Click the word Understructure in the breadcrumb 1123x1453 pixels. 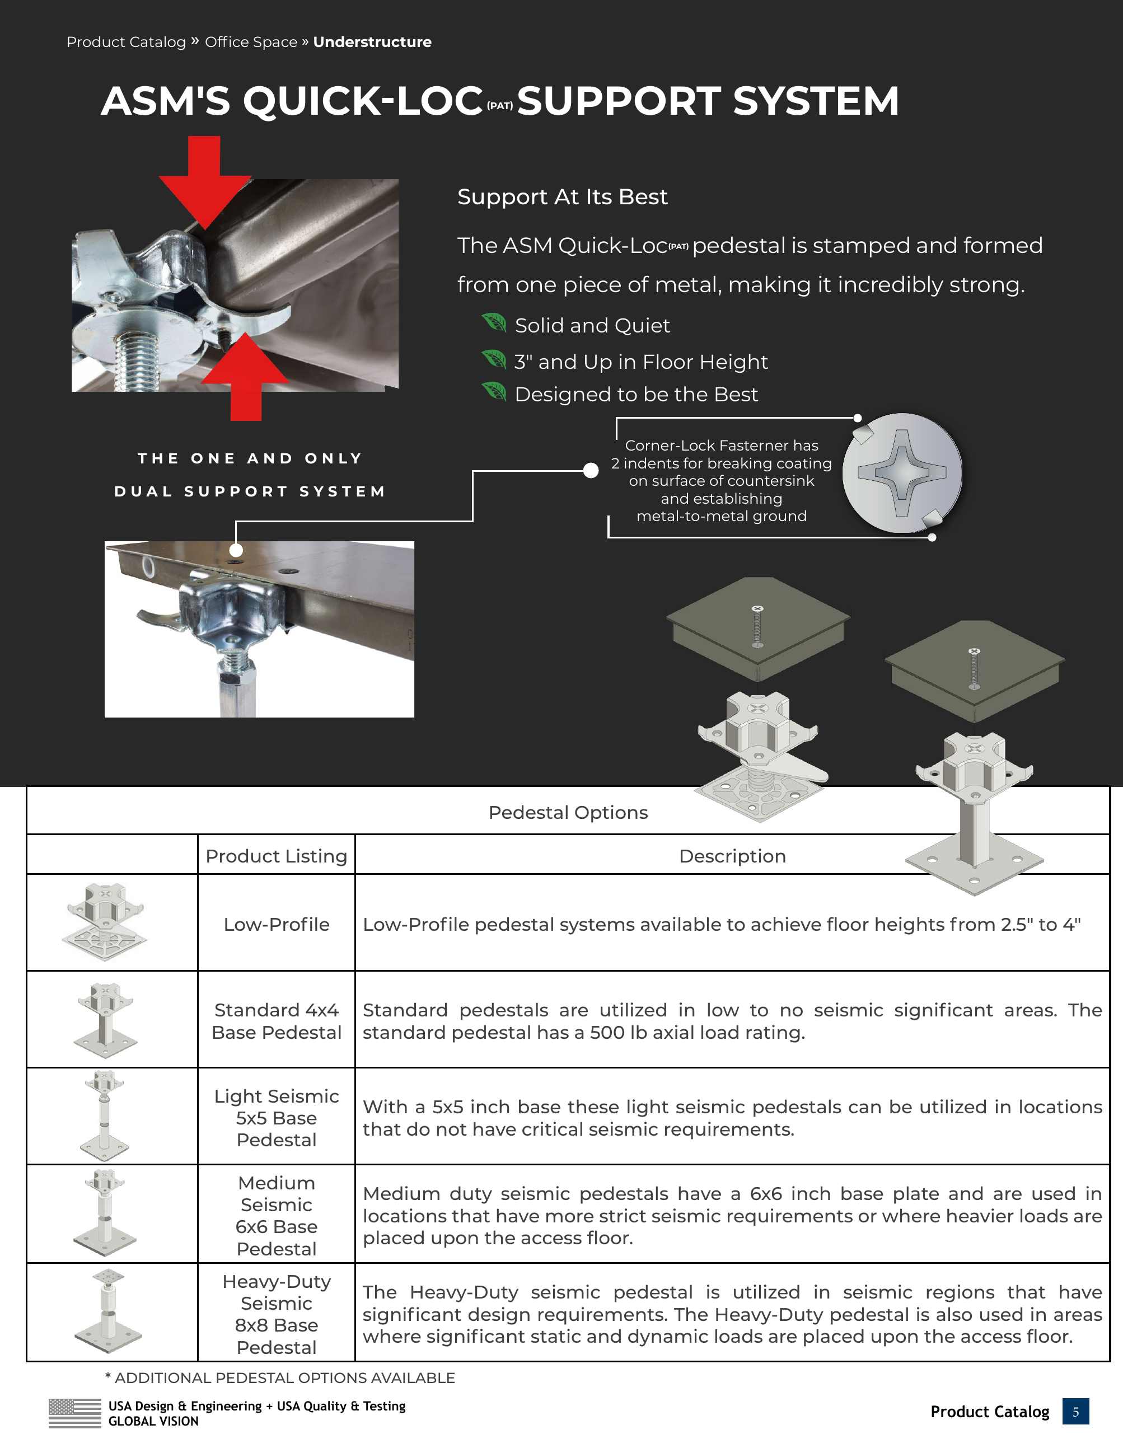(x=372, y=42)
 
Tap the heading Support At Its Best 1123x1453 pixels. (x=562, y=197)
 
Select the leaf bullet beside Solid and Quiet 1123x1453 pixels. (x=494, y=324)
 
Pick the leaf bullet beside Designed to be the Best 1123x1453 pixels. (x=494, y=392)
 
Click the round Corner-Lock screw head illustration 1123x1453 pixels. (x=901, y=473)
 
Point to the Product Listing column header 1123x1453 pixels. (x=276, y=856)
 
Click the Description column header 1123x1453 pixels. (x=732, y=856)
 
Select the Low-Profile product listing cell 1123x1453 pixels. (x=276, y=925)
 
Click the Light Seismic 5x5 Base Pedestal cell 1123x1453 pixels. (x=276, y=1118)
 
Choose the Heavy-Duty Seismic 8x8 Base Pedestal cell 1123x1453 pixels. (x=276, y=1314)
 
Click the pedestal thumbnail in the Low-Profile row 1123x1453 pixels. (x=105, y=922)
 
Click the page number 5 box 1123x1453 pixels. (x=1075, y=1412)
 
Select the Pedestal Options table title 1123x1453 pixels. (x=568, y=812)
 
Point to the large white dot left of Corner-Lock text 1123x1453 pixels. (x=591, y=470)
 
